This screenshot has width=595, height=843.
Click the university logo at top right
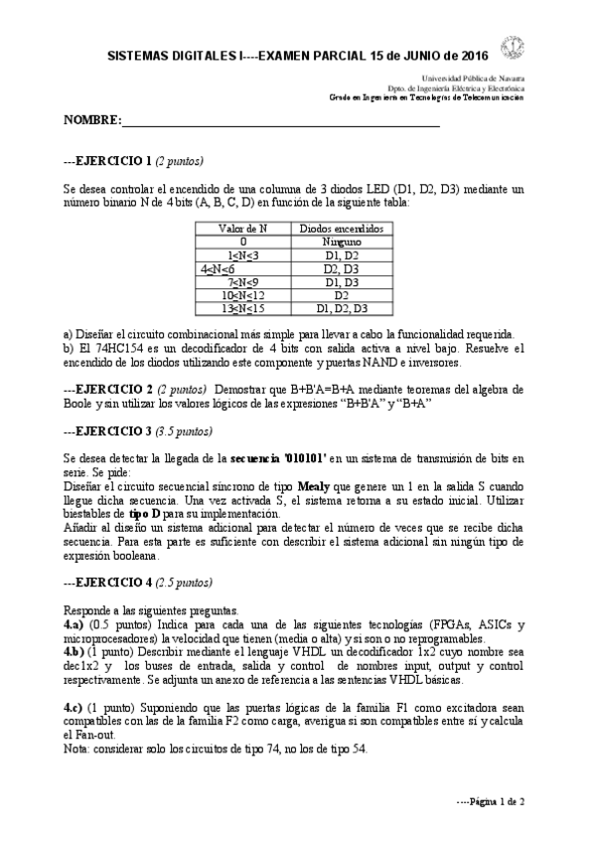515,47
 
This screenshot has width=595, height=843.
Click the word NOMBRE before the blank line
90,120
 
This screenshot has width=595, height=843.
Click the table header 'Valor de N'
242,228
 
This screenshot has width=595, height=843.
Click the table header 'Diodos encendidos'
341,228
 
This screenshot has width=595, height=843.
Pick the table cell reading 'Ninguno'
341,242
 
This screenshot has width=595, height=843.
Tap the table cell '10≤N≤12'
242,295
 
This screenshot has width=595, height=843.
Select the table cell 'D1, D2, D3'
341,309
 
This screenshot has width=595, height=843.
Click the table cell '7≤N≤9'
242,282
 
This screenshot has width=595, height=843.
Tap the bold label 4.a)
76,623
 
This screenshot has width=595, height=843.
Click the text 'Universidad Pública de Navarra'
474,78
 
